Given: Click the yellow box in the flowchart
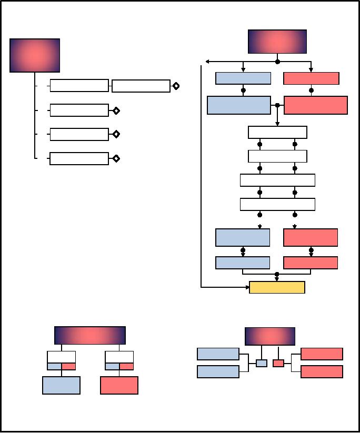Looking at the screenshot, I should pos(277,287).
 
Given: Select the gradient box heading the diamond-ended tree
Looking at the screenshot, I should pos(35,55).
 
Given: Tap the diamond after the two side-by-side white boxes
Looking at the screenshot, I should pos(176,86).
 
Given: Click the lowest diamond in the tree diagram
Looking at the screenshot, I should pos(116,158).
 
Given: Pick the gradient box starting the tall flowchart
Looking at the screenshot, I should pos(277,42).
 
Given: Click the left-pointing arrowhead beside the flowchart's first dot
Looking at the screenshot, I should pos(208,62).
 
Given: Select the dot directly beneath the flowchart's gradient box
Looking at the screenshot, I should pos(277,62).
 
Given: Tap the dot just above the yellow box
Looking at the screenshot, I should pos(277,274).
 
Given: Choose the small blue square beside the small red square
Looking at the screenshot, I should pos(262,363).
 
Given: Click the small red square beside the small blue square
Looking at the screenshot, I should pos(278,363).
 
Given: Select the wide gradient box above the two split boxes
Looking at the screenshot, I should pos(90,335).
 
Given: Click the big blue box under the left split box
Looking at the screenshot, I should pos(61,385).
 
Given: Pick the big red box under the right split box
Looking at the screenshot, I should pos(119,385).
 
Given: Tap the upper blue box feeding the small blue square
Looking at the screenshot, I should pos(218,354).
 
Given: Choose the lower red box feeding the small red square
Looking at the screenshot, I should pos(322,371).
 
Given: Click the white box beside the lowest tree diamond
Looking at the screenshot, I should pos(79,158).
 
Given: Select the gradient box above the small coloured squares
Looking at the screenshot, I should pos(270,336).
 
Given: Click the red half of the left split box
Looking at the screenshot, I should pos(68,366).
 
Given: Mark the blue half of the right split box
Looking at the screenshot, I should pos(112,366).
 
